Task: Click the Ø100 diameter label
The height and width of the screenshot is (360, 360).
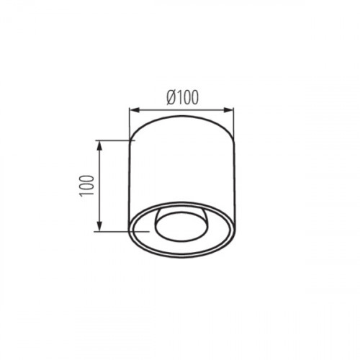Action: coord(183,98)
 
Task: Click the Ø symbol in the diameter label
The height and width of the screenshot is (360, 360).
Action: coord(171,98)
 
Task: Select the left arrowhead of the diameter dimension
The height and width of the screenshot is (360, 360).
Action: coord(135,110)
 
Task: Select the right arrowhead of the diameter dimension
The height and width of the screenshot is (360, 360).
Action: coord(229,110)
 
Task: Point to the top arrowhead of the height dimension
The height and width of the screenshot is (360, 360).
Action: coord(99,145)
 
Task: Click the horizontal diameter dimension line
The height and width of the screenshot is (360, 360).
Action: coord(181,110)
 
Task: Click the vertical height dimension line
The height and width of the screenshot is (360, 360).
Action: coord(99,186)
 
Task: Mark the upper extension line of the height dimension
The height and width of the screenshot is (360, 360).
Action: coord(115,140)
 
